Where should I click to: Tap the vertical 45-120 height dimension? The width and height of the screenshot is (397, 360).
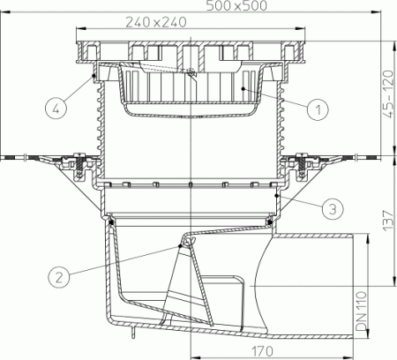coord(386,98)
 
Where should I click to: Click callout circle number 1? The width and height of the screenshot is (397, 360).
coord(315,109)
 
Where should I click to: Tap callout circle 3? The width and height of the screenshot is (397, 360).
coord(329,209)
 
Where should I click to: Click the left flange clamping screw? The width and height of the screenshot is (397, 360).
coord(78,163)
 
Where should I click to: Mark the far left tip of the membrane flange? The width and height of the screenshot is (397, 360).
coord(4,157)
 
